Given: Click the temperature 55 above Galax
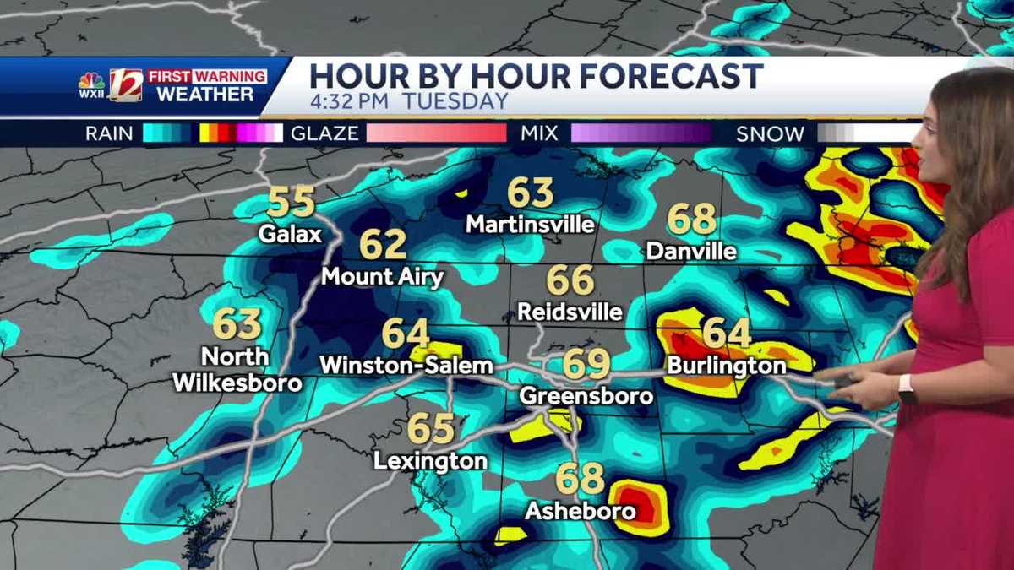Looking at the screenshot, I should [x=291, y=203].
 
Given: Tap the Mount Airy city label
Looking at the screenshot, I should [x=383, y=277].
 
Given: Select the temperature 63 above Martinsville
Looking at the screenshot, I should [x=530, y=193].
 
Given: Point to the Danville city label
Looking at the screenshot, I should [x=691, y=251].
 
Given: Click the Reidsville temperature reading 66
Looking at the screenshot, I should [x=570, y=280].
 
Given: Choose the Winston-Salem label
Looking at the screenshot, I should [x=406, y=366].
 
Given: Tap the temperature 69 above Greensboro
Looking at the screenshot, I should [x=586, y=364].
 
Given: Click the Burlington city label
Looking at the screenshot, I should [x=727, y=366].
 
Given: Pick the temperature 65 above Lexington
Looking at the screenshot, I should [x=431, y=429].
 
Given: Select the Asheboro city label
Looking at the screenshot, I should [x=580, y=511].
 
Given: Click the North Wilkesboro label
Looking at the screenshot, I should [x=237, y=370].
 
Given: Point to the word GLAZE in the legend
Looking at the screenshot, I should [x=324, y=133].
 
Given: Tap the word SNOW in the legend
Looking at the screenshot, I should [x=770, y=133].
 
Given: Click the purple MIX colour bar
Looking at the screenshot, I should [x=641, y=133].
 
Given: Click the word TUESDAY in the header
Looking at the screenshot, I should [x=455, y=102].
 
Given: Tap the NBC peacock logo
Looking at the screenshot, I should [x=91, y=81].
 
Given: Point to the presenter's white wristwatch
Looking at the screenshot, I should [x=907, y=388].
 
